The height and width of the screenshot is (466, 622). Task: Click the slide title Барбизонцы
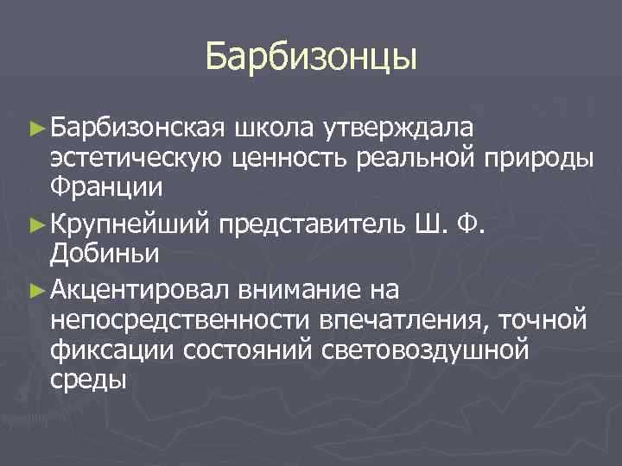click(311, 57)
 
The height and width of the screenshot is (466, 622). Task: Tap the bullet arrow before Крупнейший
click(37, 223)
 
